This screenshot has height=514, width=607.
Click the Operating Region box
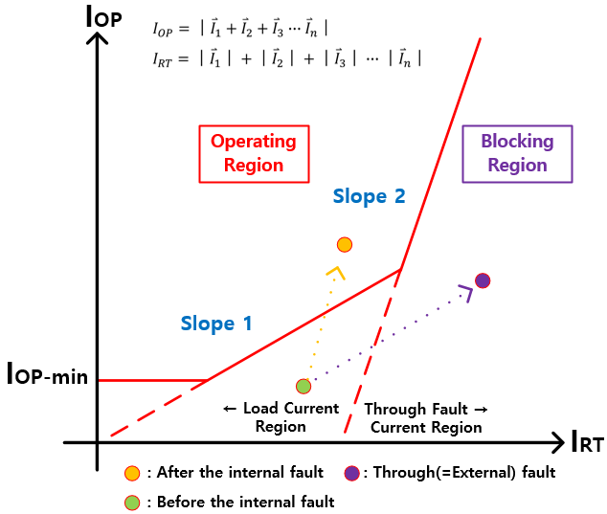(254, 153)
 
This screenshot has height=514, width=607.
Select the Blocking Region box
(517, 153)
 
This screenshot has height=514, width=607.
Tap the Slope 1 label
(216, 324)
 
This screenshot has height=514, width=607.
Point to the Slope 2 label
(369, 196)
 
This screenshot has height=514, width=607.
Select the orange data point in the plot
(345, 244)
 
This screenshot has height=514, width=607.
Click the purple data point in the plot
(483, 280)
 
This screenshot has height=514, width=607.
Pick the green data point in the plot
(303, 387)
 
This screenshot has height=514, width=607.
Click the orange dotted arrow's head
(334, 272)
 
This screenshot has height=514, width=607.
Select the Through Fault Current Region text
(426, 417)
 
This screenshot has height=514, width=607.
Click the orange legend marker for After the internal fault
(133, 473)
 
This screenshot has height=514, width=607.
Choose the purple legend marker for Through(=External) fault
(351, 473)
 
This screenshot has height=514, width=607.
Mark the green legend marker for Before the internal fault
(133, 502)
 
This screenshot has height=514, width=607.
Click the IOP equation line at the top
(240, 29)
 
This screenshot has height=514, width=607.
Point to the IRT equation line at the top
(286, 58)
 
